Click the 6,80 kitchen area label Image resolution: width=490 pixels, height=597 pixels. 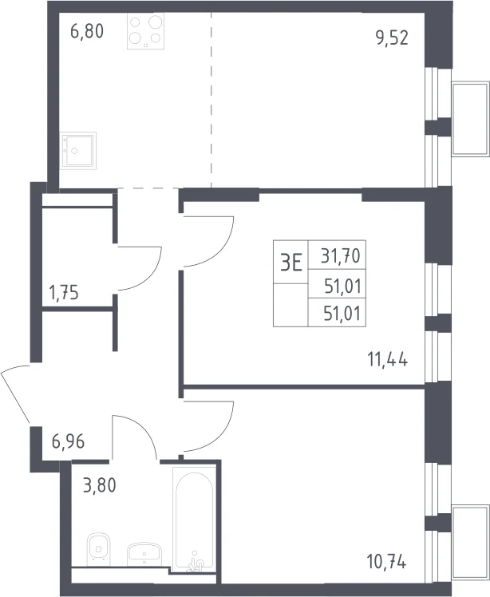click(87, 31)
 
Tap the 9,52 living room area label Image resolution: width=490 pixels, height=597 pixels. click(392, 38)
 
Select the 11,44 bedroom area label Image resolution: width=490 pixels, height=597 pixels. click(388, 359)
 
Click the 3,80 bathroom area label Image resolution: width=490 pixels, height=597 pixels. click(100, 486)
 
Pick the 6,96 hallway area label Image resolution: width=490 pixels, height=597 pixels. click(68, 441)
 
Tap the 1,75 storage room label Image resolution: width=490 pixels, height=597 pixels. click(64, 293)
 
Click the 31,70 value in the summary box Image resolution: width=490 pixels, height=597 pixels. click(341, 256)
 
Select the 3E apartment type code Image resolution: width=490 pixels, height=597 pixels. click(290, 263)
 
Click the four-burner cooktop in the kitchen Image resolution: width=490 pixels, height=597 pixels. click(145, 31)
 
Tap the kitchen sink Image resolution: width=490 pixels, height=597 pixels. click(78, 151)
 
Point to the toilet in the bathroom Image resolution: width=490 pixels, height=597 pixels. click(99, 548)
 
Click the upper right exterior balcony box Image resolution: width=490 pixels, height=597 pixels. click(470, 118)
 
